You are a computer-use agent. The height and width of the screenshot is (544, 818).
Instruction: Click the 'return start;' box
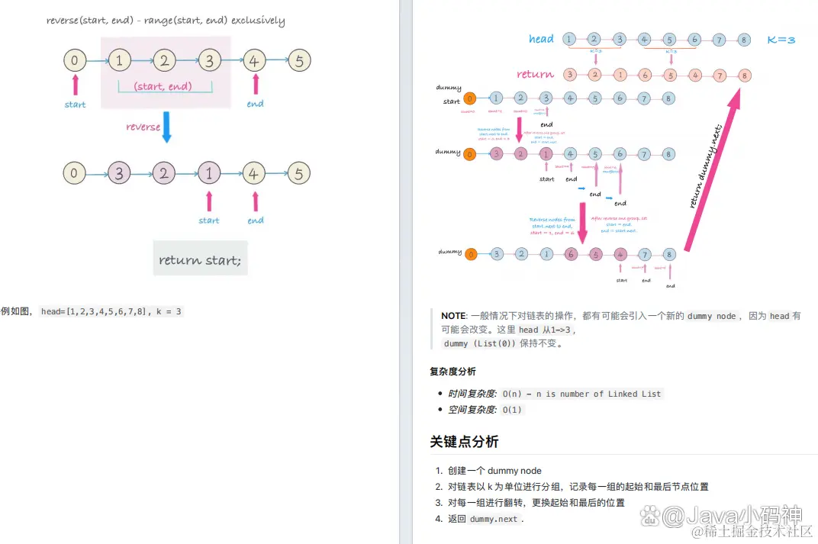pos(200,259)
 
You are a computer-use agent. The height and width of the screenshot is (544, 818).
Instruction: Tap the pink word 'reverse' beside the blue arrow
pos(143,127)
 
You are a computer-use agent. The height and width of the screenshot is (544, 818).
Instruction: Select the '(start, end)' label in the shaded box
pos(163,86)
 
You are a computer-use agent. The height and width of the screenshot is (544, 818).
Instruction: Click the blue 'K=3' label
pos(781,39)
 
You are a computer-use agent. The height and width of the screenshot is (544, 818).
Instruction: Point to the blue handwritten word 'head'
pos(541,39)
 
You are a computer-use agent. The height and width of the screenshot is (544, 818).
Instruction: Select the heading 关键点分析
pos(464,442)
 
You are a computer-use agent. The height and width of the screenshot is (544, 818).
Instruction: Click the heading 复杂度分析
pos(452,372)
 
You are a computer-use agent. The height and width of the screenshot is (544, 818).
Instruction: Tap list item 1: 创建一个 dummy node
pos(494,471)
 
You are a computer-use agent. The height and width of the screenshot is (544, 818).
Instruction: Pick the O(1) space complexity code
pos(513,410)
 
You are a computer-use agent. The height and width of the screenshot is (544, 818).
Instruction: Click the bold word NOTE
pos(452,316)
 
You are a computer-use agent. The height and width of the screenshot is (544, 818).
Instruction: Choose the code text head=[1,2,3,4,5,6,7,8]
pos(94,311)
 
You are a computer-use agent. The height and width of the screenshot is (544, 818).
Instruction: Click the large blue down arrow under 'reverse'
pos(167,127)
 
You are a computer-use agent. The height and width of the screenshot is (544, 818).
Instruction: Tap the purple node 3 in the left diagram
pos(118,173)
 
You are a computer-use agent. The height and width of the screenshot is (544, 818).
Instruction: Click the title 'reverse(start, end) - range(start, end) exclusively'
pos(166,21)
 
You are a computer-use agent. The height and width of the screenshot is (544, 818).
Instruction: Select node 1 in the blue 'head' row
pos(569,39)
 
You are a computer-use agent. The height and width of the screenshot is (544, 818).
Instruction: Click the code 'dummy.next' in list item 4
pos(494,519)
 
